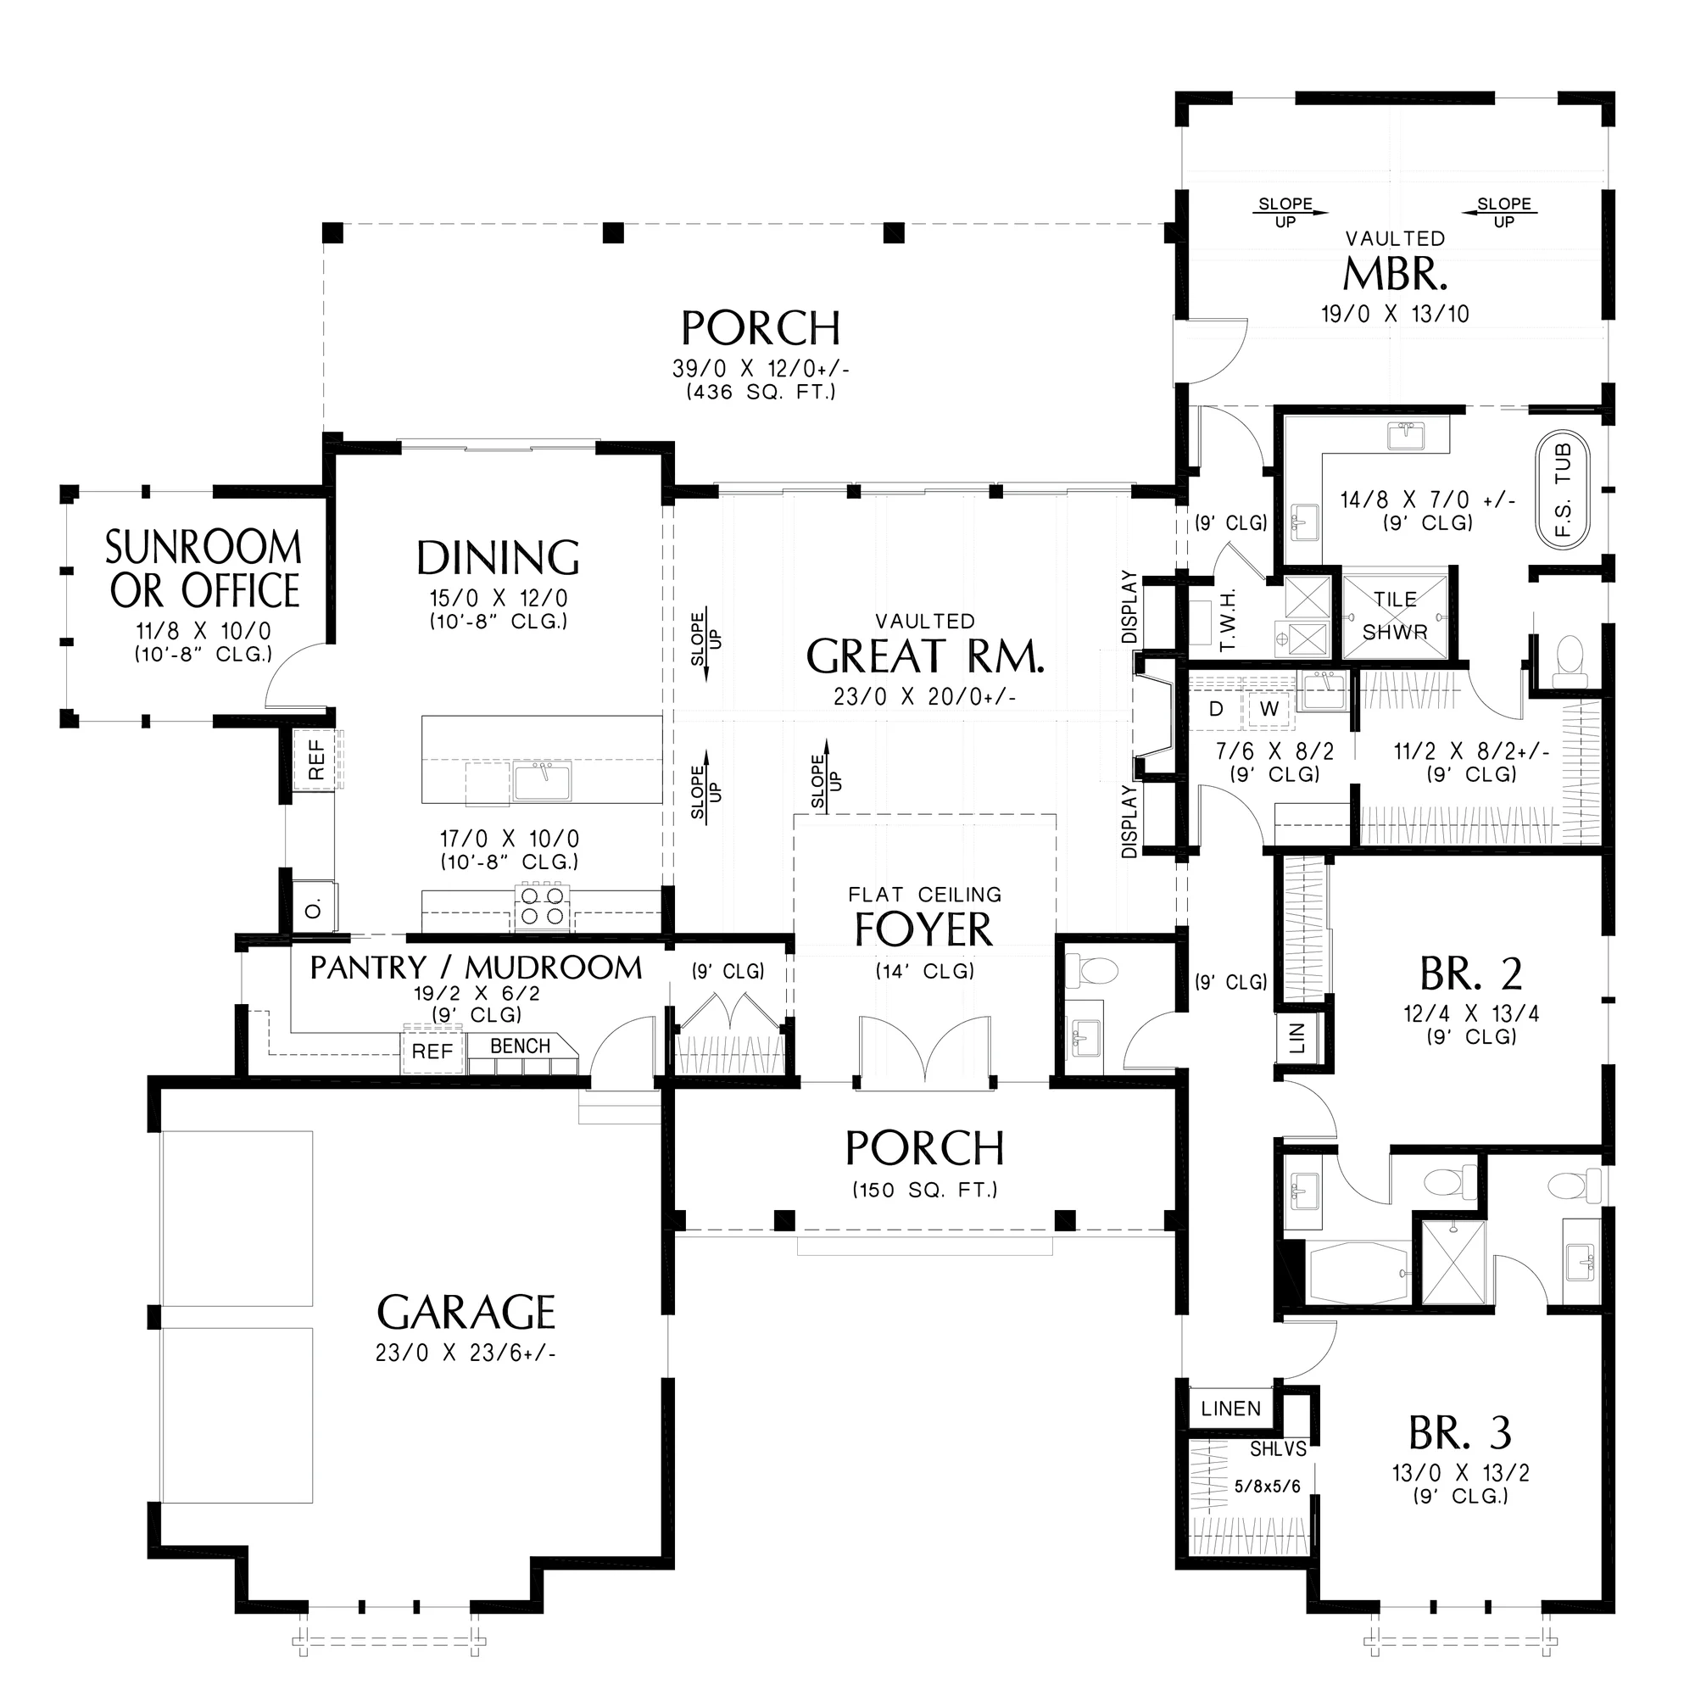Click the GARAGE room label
click(466, 1314)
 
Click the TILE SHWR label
click(1395, 615)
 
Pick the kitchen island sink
click(543, 780)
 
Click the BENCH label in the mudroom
click(521, 1046)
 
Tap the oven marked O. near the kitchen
click(314, 909)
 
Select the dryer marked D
click(1216, 708)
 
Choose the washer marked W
click(1269, 708)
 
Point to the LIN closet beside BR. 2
click(1297, 1037)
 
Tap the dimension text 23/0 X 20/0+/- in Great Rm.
click(924, 697)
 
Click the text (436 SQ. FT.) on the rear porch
click(761, 392)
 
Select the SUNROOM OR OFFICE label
click(204, 569)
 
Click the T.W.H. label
click(1229, 620)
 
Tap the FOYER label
click(923, 929)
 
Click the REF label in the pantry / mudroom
click(432, 1051)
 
